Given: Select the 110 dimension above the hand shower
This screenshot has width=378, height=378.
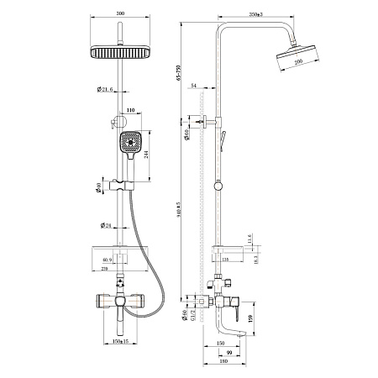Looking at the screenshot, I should (130, 110).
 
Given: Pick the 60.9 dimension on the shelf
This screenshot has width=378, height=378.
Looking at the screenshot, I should (107, 260).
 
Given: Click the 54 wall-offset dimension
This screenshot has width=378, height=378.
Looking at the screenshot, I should (194, 87).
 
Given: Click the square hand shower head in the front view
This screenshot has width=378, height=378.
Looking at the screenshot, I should (130, 144).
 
